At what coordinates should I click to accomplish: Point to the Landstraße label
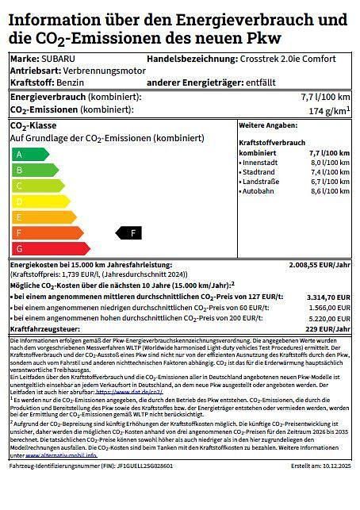click(x=262, y=182)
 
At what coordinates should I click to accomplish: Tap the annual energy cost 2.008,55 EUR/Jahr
click(x=320, y=265)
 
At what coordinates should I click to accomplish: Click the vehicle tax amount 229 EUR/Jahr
click(x=328, y=328)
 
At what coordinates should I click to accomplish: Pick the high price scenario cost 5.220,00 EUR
click(x=328, y=318)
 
